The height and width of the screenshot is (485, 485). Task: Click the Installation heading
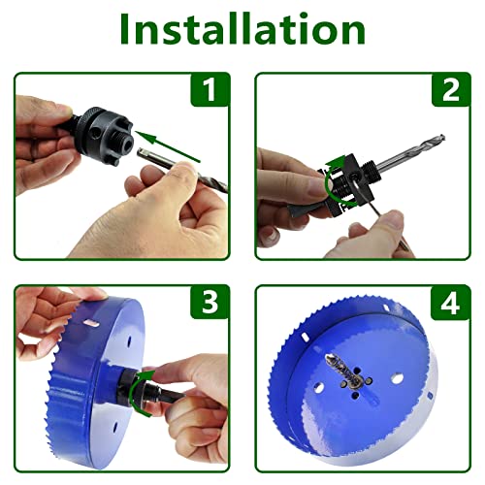[x=242, y=29]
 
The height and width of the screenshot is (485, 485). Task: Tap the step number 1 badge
[x=210, y=89]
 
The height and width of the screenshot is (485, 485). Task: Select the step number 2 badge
[x=450, y=89]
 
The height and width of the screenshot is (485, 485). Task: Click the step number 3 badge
[x=210, y=303]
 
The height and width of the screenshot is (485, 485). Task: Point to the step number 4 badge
[x=450, y=303]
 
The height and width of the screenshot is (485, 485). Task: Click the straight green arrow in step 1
[x=168, y=146]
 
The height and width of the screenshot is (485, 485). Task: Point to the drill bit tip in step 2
[x=443, y=137]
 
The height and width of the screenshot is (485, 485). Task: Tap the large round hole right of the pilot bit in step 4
[x=397, y=378]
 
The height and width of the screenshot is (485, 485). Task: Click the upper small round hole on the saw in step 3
[x=129, y=341]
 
